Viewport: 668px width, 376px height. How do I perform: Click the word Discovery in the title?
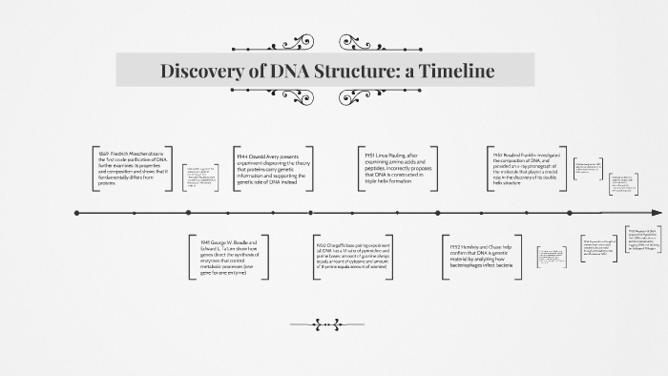pyautogui.click(x=202, y=72)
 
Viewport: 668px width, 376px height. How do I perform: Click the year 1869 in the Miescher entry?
pyautogui.click(x=103, y=154)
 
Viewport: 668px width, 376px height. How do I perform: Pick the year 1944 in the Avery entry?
pyautogui.click(x=240, y=154)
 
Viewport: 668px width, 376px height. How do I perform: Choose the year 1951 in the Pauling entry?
pyautogui.click(x=369, y=154)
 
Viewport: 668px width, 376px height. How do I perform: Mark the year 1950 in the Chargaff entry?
pyautogui.click(x=322, y=246)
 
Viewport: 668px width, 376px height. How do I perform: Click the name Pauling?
pyautogui.click(x=401, y=154)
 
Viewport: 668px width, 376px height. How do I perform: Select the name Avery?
pyautogui.click(x=280, y=154)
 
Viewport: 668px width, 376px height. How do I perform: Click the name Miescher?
pyautogui.click(x=141, y=154)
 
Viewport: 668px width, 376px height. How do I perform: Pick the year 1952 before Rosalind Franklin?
pyautogui.click(x=498, y=154)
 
